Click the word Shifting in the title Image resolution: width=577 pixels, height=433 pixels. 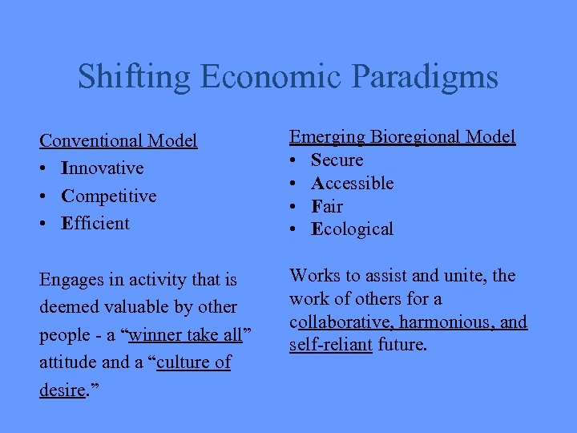click(135, 77)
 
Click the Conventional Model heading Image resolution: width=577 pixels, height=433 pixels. click(119, 141)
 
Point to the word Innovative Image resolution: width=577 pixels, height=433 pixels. click(103, 168)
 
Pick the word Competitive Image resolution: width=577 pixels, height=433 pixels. click(109, 196)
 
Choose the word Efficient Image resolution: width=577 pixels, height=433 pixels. click(95, 223)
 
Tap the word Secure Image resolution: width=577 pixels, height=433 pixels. click(337, 160)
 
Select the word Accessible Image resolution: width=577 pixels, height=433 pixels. click(353, 183)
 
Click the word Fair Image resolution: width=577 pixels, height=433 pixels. click(327, 206)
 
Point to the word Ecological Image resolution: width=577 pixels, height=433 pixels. click(353, 229)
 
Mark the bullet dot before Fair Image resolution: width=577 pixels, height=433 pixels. click(294, 207)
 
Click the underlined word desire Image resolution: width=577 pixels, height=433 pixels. click(62, 390)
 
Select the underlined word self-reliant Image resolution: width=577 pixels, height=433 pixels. click(331, 346)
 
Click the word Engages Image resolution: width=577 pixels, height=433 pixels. click(71, 280)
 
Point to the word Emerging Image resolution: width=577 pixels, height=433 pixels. click(328, 137)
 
